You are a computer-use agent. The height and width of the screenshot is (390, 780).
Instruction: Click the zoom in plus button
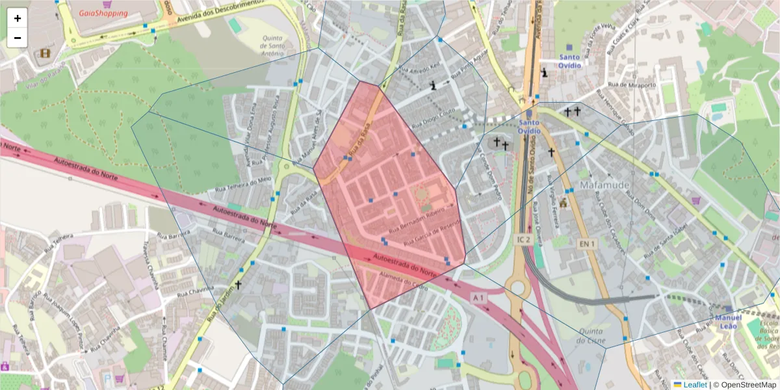click(18, 18)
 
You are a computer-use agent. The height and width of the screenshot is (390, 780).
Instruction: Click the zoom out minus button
click(18, 38)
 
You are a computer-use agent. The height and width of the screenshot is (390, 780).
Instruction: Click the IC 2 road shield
click(525, 240)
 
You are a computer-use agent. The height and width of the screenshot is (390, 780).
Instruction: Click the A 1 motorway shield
click(478, 298)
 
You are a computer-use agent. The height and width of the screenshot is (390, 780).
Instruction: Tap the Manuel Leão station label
click(728, 322)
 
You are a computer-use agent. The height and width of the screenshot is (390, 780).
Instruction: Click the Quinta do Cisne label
click(591, 335)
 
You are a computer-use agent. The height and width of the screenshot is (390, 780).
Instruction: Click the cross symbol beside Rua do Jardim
click(238, 285)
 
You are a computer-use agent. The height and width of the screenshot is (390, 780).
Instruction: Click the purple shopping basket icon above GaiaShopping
click(98, 3)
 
